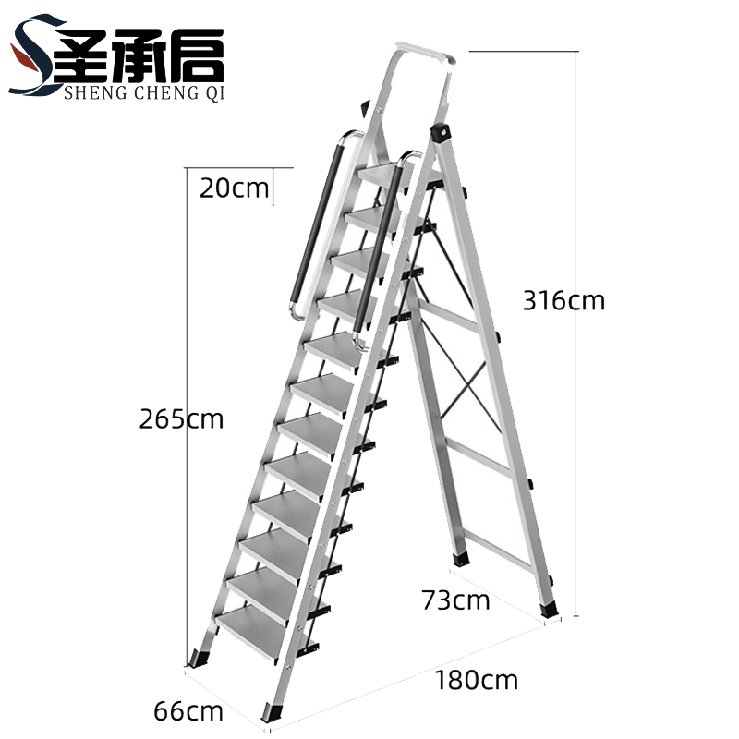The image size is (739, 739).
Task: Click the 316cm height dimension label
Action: pyautogui.click(x=563, y=300)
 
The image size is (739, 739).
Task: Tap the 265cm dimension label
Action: pyautogui.click(x=181, y=419)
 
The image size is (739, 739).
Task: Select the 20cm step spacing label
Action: pyautogui.click(x=235, y=188)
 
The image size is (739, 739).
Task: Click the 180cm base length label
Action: pyautogui.click(x=477, y=680)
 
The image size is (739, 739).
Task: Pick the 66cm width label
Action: pyautogui.click(x=188, y=711)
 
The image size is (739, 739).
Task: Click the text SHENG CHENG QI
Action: pyautogui.click(x=144, y=93)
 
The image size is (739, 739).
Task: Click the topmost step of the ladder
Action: pyautogui.click(x=382, y=176)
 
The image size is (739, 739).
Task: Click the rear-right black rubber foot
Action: pyautogui.click(x=549, y=610)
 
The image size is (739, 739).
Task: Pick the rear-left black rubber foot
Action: pyautogui.click(x=461, y=559)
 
